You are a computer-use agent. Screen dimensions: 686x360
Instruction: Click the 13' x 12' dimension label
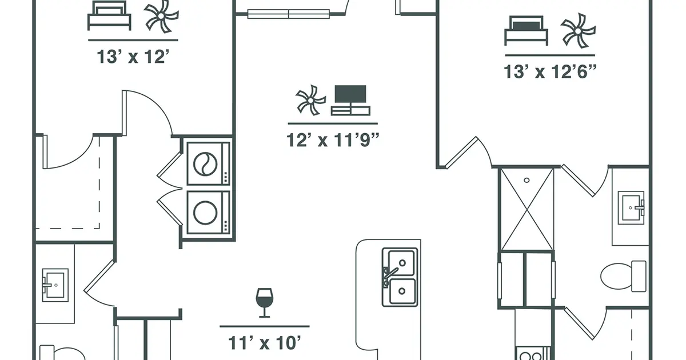click(133, 57)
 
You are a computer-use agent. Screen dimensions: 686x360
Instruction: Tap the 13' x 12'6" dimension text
click(550, 72)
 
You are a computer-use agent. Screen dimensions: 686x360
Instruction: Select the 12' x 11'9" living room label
click(333, 140)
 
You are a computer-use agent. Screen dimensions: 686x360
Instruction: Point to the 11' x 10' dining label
click(265, 343)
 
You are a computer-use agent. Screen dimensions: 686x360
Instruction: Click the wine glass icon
click(264, 302)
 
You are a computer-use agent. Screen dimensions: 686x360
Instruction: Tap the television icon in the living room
click(350, 100)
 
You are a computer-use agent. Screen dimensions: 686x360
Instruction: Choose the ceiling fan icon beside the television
click(310, 100)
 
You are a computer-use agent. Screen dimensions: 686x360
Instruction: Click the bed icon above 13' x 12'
click(109, 15)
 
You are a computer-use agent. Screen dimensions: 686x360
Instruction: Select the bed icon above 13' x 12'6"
click(526, 31)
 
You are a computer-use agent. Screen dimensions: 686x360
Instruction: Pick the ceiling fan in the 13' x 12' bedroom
click(161, 16)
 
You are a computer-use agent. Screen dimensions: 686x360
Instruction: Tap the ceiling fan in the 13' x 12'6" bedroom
click(578, 31)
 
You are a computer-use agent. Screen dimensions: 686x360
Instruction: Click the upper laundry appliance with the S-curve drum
click(208, 164)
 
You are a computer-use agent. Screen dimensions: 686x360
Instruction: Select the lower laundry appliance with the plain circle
click(208, 213)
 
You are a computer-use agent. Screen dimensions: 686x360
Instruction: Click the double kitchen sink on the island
click(400, 277)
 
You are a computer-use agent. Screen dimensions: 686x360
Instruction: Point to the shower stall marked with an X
click(527, 209)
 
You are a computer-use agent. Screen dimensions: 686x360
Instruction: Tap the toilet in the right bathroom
click(623, 276)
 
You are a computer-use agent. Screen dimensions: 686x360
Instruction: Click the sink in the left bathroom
click(55, 285)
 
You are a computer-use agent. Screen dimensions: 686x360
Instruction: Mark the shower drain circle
click(527, 181)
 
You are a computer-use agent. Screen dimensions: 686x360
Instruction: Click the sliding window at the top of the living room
click(289, 14)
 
